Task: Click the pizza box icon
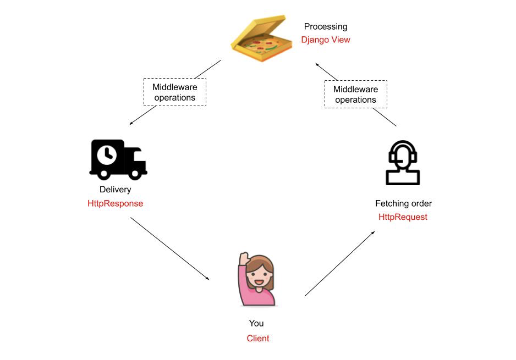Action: tap(262, 38)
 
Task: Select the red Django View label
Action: tap(326, 40)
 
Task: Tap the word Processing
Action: tap(326, 26)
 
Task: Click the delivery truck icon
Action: tap(118, 160)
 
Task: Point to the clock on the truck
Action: tap(107, 154)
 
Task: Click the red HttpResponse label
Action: tap(115, 203)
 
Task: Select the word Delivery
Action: tap(115, 190)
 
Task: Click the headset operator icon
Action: tap(403, 163)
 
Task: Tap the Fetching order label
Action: tap(403, 203)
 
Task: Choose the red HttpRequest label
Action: tap(403, 217)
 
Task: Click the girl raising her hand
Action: tap(257, 279)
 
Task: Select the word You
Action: tap(256, 323)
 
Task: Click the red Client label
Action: tap(258, 339)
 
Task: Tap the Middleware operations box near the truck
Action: tap(175, 92)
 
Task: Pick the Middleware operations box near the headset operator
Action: tap(356, 95)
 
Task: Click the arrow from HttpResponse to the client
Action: tap(170, 248)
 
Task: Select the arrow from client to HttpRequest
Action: tap(340, 264)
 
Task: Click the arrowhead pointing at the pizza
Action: tap(317, 64)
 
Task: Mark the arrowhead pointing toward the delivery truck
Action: tap(131, 124)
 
